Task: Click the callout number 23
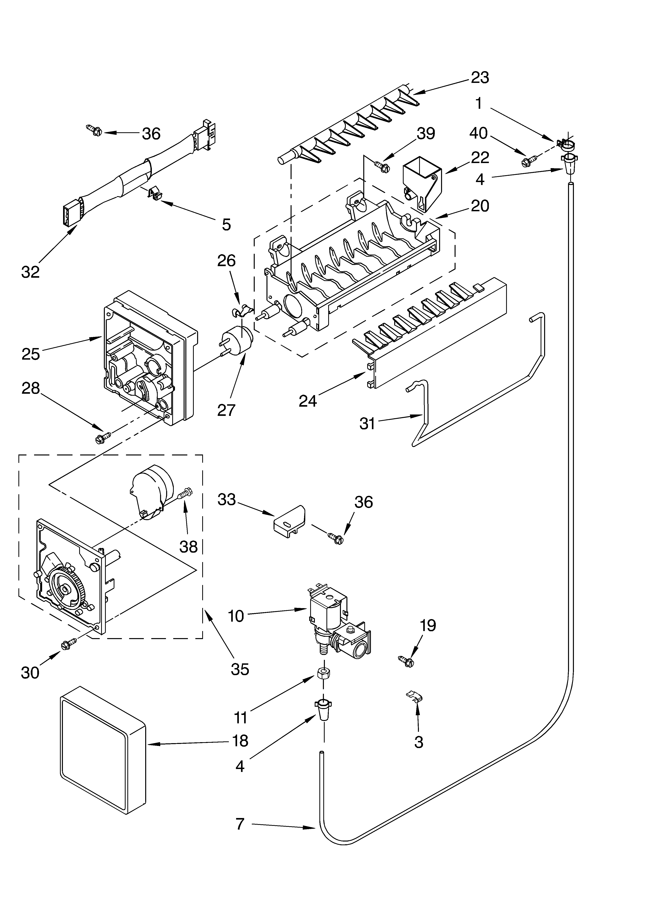click(x=480, y=77)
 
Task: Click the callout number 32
click(x=30, y=272)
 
